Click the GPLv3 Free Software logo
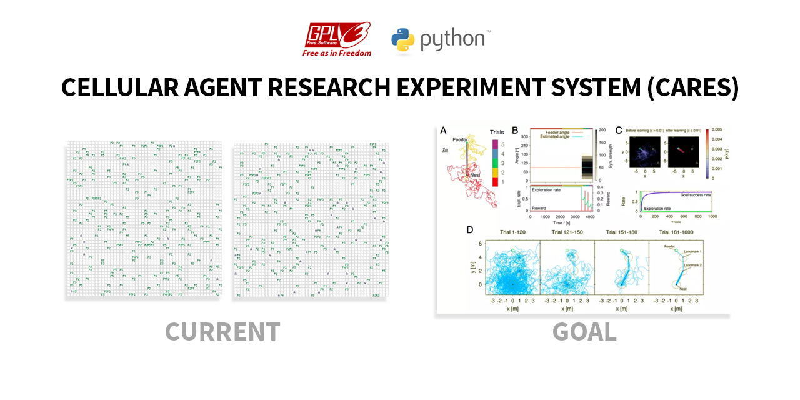(337, 39)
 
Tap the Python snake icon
(403, 40)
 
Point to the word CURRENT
(222, 332)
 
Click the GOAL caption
(584, 332)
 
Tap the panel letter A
(444, 131)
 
